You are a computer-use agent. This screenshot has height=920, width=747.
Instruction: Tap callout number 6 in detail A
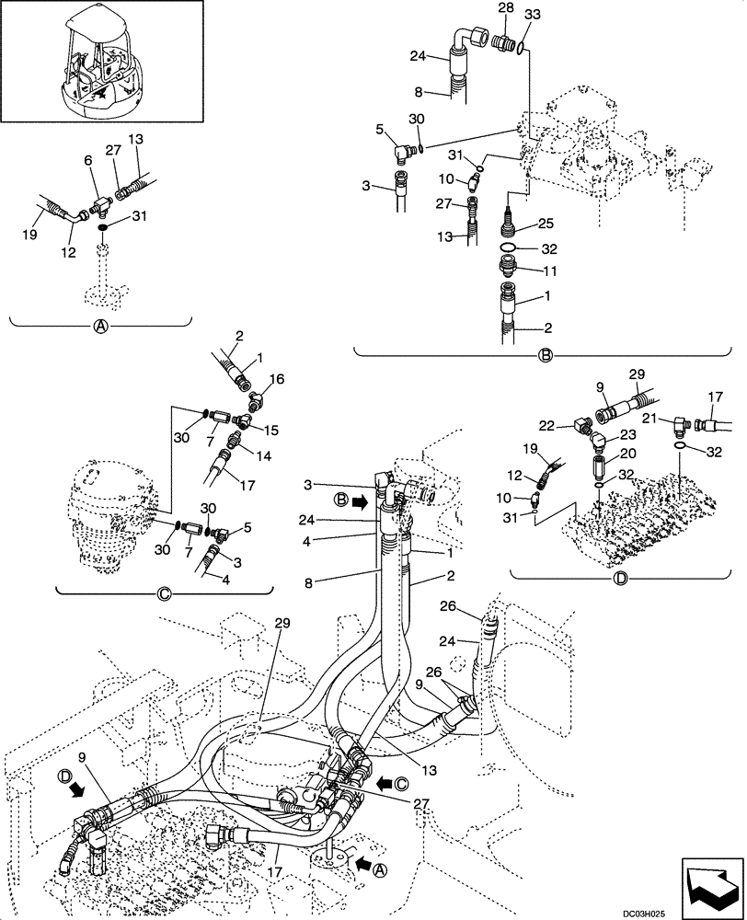[x=88, y=160]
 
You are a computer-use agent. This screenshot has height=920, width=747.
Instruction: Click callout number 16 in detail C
[x=278, y=378]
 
